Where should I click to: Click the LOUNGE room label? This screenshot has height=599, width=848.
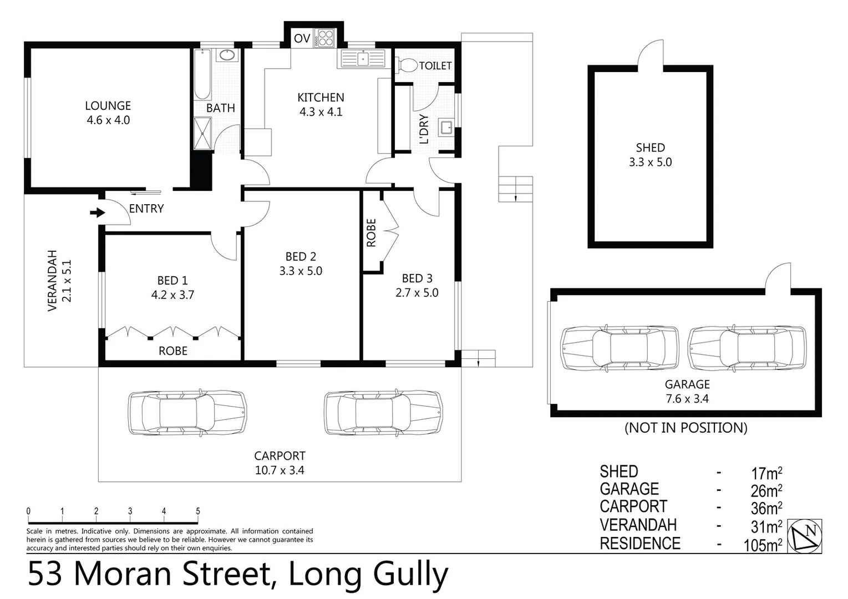tap(108, 106)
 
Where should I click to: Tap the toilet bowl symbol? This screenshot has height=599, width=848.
tap(408, 65)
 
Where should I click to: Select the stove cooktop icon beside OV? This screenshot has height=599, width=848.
tap(325, 38)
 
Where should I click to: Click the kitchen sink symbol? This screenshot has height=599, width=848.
tap(363, 58)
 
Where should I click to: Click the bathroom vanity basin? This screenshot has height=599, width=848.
tap(226, 55)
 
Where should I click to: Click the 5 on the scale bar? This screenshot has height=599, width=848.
tap(198, 511)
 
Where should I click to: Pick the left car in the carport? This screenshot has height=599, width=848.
tap(187, 412)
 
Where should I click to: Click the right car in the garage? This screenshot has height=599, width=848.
tap(747, 347)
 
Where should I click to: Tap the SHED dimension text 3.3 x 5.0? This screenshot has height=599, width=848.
tap(650, 162)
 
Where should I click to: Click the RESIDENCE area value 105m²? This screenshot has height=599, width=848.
tap(763, 545)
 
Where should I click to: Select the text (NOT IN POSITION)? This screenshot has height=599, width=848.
tap(685, 428)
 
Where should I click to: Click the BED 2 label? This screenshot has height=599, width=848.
tap(301, 256)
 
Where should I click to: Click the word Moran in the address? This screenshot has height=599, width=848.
tap(124, 575)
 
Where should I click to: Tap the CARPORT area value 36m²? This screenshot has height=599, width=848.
tap(766, 508)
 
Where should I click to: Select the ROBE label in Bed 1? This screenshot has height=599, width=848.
tap(173, 351)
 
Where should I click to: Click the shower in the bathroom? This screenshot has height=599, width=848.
tap(202, 134)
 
